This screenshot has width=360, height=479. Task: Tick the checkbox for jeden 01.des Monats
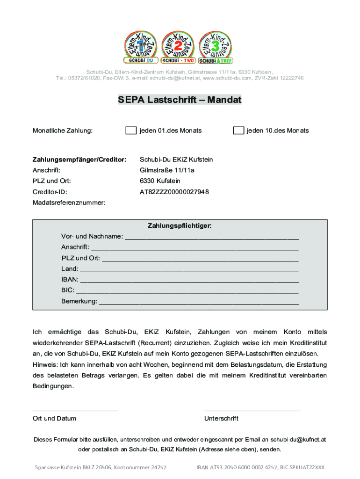[131, 131]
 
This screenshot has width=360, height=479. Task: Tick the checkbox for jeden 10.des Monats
[238, 131]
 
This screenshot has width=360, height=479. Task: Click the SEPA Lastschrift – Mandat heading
[180, 100]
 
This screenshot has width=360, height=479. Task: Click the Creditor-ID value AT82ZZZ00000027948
[174, 192]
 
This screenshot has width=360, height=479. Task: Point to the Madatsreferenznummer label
[69, 203]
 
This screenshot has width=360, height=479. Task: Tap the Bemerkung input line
[199, 303]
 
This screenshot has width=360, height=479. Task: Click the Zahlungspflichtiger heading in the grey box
[180, 226]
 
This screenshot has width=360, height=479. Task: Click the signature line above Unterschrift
[252, 410]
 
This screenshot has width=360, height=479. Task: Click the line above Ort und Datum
[75, 410]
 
